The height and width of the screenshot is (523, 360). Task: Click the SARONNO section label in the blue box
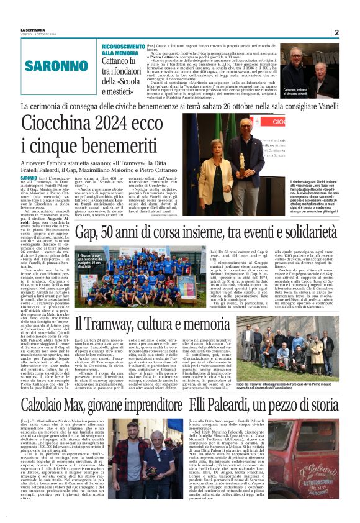47,65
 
